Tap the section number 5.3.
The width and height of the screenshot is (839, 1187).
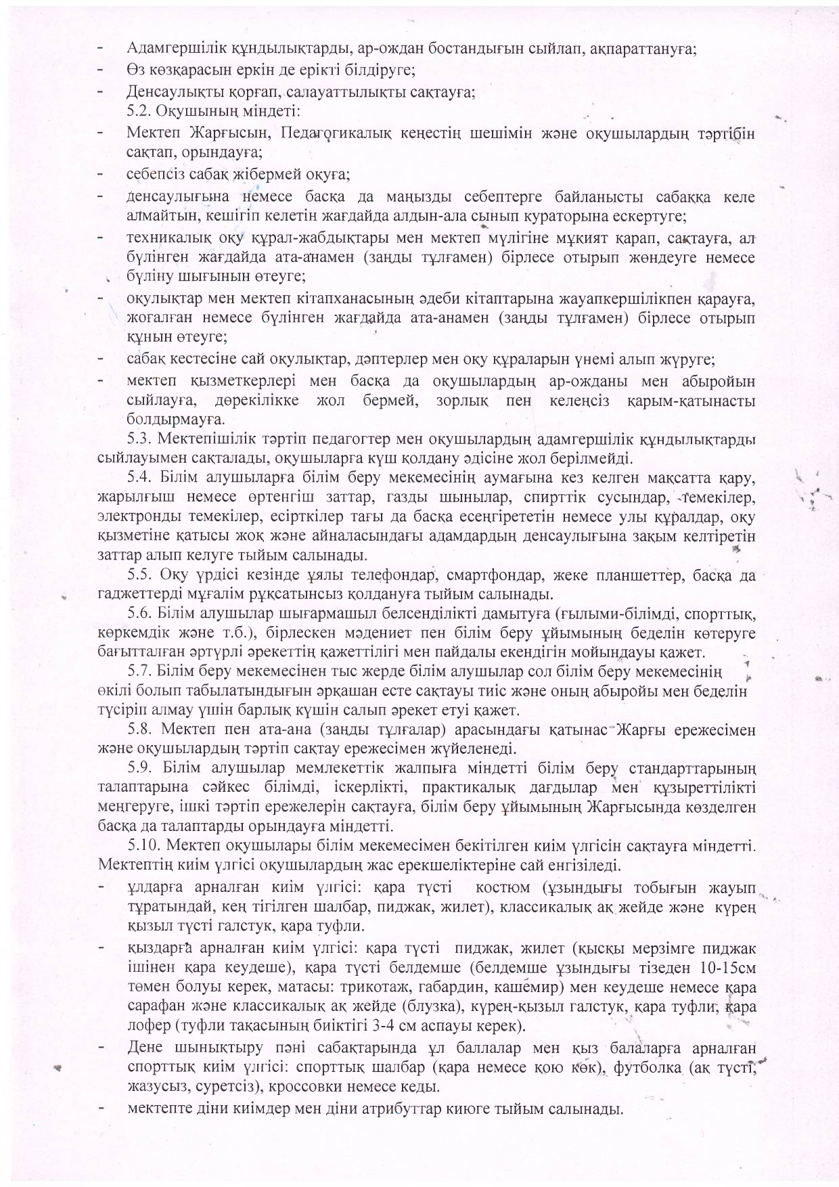[x=139, y=439]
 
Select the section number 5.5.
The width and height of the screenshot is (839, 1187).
[x=139, y=576]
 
